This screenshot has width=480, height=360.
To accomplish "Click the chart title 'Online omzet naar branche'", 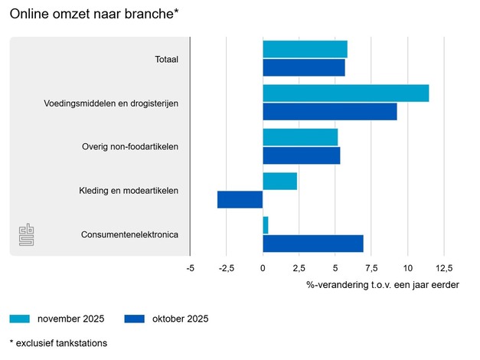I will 96,13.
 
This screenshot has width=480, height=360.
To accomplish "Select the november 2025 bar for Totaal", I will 305,49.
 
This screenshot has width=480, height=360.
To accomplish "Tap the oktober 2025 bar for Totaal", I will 303,67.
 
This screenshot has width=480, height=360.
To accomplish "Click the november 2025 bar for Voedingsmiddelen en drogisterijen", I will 345,93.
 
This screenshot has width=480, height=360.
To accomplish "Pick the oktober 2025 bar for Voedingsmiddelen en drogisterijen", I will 329,111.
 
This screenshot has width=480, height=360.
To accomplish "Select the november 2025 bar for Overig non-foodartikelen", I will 300,137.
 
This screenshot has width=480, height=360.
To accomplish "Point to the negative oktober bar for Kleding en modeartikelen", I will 240,200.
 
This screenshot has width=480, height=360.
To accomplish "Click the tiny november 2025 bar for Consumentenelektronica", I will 266,225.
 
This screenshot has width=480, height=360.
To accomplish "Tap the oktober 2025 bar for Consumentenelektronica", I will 312,244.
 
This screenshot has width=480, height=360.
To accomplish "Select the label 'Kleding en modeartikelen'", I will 129,191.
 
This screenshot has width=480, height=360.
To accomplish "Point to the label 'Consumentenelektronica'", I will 129,234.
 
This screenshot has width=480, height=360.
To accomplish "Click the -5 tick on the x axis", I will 190,268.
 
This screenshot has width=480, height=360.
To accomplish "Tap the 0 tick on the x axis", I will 263,268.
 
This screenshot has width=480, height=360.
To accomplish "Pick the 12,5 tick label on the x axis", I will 444,268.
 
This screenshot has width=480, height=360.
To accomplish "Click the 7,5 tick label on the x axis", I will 371,268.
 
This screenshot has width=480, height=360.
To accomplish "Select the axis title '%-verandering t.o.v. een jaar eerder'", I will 383,285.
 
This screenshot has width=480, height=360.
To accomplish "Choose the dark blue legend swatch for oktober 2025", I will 135,319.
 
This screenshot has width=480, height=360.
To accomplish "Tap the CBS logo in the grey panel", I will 28,236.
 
